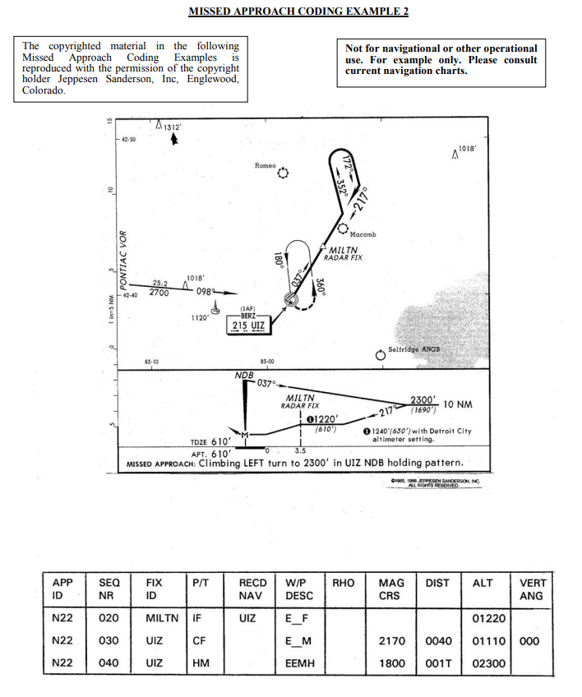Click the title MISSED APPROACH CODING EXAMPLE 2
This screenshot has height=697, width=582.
(x=298, y=12)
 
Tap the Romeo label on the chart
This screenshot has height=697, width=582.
(x=266, y=165)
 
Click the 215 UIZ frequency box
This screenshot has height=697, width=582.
(x=248, y=326)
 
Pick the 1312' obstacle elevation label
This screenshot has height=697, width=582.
(x=171, y=127)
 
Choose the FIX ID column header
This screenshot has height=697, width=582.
(x=154, y=589)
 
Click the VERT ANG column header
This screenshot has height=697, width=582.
(x=531, y=589)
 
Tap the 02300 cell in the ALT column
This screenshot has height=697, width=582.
(x=485, y=662)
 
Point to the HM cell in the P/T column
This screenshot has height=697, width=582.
(x=197, y=662)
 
